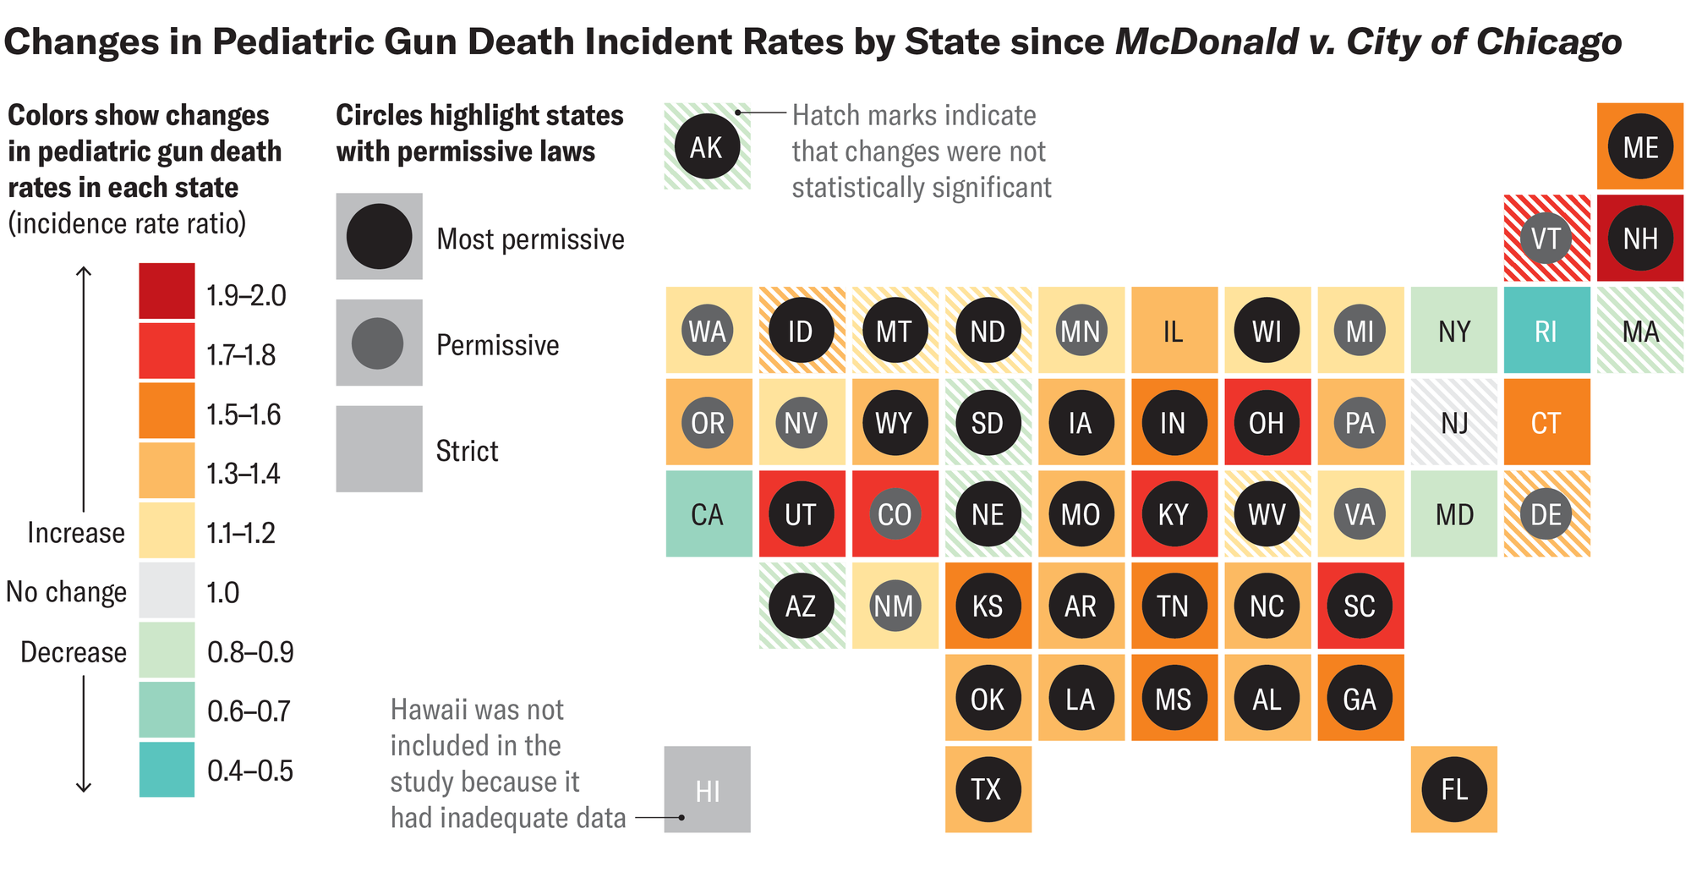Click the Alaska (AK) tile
coord(707,146)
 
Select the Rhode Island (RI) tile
coord(1546,330)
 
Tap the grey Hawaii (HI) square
coord(707,789)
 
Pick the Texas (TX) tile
coord(988,789)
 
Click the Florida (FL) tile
coord(1453,789)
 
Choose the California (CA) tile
coord(708,513)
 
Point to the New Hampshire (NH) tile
coord(1639,238)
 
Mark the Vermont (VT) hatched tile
coord(1546,238)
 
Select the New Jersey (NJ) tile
coord(1453,422)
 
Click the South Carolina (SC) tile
coord(1360,606)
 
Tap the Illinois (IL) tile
coord(1174,330)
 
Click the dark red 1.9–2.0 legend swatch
coord(167,291)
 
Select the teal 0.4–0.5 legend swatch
coord(167,769)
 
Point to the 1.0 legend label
coord(223,592)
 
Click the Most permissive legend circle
coord(379,236)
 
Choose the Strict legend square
coord(379,448)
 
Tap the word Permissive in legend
coord(497,345)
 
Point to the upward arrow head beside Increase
coord(84,272)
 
